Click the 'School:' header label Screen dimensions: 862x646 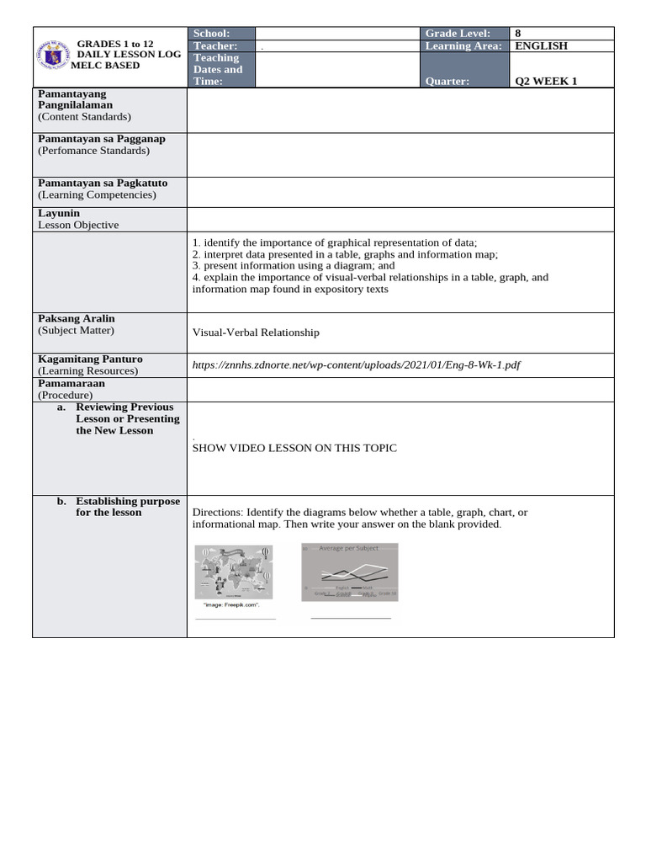coord(211,33)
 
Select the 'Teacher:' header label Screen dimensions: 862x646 coord(215,45)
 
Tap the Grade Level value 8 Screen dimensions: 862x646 coord(518,33)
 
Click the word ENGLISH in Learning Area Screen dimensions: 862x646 coord(541,45)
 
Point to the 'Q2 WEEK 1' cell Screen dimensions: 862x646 coord(545,82)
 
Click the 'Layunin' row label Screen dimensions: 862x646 coord(59,214)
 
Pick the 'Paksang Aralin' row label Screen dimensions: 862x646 coord(77,319)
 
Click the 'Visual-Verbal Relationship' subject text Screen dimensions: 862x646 coord(256,333)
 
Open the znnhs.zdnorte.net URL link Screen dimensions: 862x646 coord(357,364)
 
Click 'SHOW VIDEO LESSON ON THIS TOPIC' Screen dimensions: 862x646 coord(294,448)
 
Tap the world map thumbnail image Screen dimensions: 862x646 coord(234,572)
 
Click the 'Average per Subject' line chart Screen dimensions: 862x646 coord(349,571)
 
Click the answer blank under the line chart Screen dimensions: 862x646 coord(351,618)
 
